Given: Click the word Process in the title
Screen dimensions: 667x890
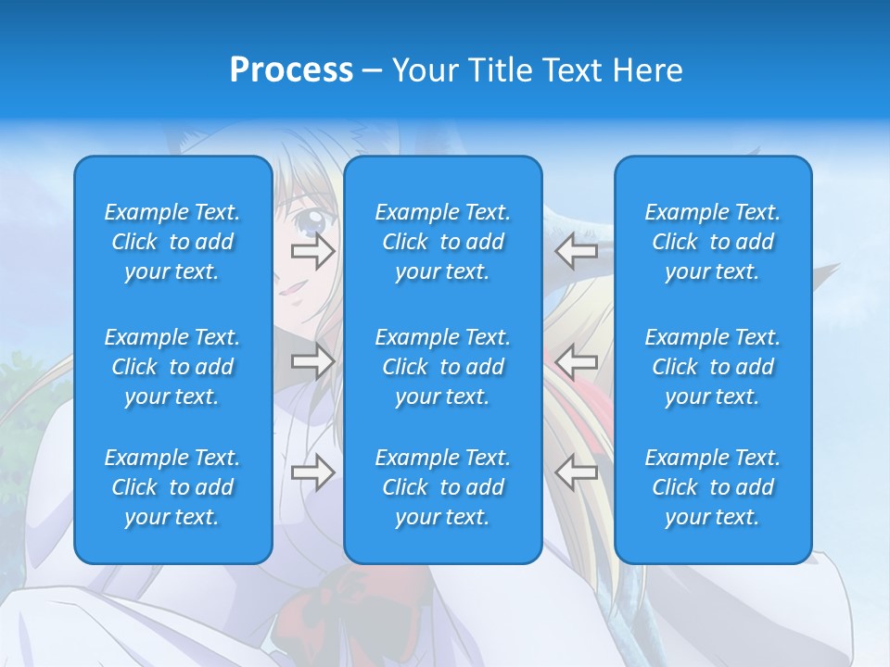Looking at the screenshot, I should pyautogui.click(x=291, y=70).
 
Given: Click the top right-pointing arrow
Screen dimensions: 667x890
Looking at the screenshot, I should pyautogui.click(x=312, y=251).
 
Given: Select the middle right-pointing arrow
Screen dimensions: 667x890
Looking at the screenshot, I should pyautogui.click(x=312, y=361).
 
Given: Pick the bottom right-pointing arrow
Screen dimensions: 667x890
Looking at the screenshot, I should pyautogui.click(x=312, y=472).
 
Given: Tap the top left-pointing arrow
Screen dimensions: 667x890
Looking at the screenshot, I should pyautogui.click(x=577, y=251).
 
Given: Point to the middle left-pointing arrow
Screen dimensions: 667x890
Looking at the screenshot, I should pyautogui.click(x=577, y=361).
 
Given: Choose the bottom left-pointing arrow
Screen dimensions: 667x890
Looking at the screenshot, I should pyautogui.click(x=577, y=472).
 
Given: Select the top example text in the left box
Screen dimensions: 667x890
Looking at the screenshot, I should pyautogui.click(x=172, y=242).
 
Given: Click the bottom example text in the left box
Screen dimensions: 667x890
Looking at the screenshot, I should pyautogui.click(x=172, y=487).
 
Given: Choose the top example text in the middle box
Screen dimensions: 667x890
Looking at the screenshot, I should pyautogui.click(x=442, y=242).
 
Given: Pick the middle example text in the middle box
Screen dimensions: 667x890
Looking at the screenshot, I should pyautogui.click(x=442, y=367).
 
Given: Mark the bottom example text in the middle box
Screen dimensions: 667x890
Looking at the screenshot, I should pyautogui.click(x=442, y=487).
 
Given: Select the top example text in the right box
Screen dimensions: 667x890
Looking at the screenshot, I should pyautogui.click(x=712, y=242).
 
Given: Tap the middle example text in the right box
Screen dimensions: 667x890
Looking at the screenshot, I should pyautogui.click(x=712, y=367).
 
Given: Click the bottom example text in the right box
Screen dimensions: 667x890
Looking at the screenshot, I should pyautogui.click(x=712, y=487).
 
